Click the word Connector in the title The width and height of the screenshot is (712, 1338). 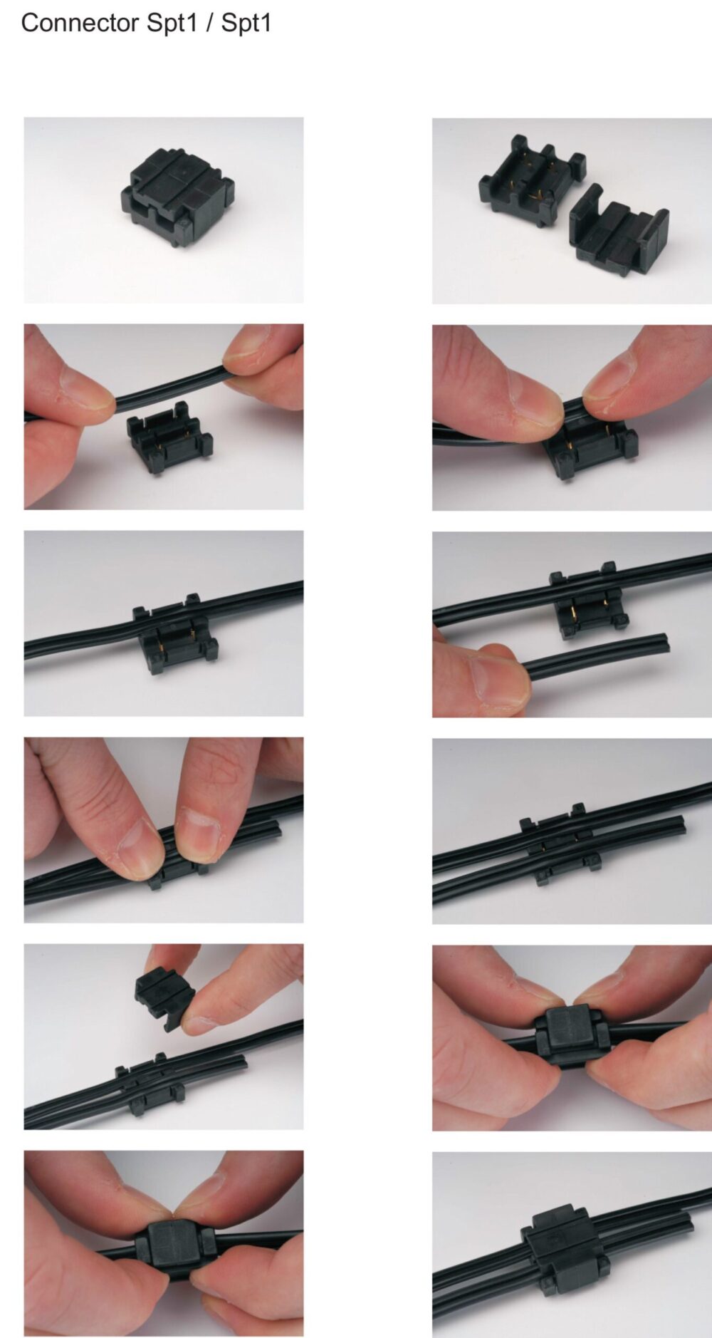pyautogui.click(x=80, y=23)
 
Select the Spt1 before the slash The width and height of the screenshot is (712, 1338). pyautogui.click(x=172, y=24)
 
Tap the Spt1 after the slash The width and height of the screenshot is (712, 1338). pyautogui.click(x=246, y=24)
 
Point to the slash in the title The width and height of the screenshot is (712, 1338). pyautogui.click(x=209, y=23)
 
